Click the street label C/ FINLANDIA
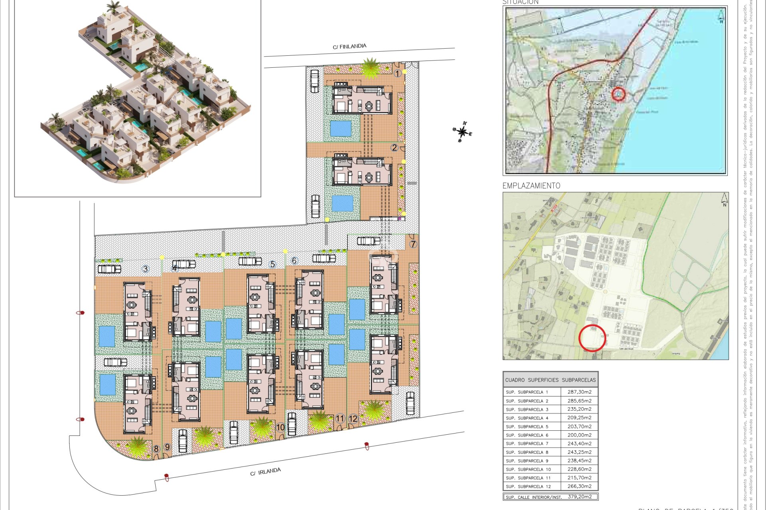coord(349,47)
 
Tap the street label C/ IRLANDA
coord(265,472)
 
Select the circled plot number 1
coord(397,73)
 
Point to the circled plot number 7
coord(413,244)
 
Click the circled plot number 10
coord(280,428)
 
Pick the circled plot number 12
coord(353,419)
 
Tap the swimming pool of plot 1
coord(341,129)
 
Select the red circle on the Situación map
coord(618,94)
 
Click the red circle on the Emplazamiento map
coord(592,338)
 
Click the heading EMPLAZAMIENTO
coord(531,186)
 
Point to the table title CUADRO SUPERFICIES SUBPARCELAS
coord(550,380)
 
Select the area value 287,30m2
coord(579,392)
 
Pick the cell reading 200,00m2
coord(579,435)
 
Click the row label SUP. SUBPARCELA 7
coord(527,443)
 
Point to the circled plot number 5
coord(272,264)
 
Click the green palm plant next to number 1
coord(371,68)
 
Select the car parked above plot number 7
coord(368,241)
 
